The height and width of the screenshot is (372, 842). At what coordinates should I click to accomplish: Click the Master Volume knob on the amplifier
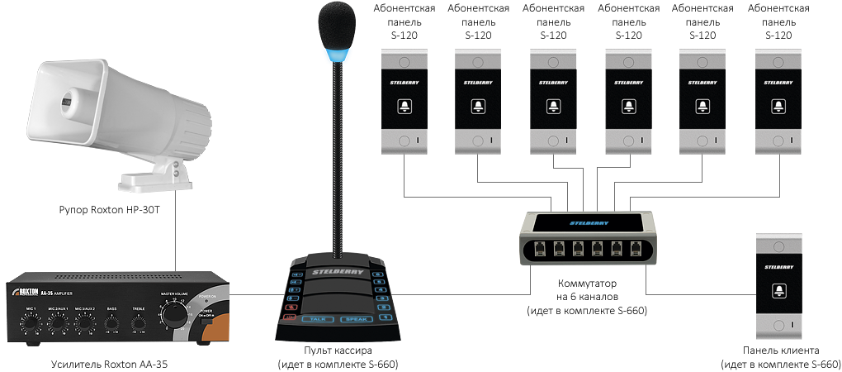tap(173, 317)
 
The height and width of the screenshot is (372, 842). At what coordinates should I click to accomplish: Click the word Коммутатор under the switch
tap(587, 284)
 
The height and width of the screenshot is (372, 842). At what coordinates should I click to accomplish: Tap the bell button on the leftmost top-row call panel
tap(404, 105)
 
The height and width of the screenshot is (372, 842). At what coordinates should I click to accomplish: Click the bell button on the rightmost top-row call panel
tap(778, 105)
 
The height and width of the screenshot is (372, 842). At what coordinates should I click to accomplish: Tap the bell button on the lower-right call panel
tap(778, 290)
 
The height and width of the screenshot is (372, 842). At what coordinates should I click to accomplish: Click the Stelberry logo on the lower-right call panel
tap(778, 267)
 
